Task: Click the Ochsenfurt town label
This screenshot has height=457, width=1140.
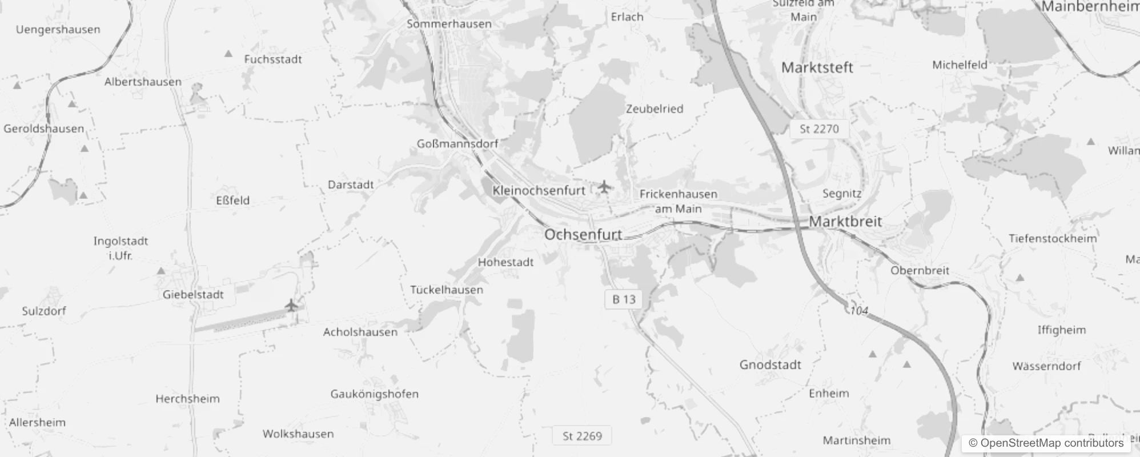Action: [x=583, y=235]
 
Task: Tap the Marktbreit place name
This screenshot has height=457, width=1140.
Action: [x=845, y=222]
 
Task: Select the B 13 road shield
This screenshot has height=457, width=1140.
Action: [x=624, y=299]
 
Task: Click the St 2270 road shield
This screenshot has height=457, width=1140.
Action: [x=819, y=129]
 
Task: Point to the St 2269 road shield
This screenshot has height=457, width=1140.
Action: [x=582, y=436]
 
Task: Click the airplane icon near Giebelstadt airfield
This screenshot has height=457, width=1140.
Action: [x=291, y=305]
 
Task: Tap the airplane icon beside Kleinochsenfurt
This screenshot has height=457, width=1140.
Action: [x=604, y=187]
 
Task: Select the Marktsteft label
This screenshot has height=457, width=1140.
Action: [x=817, y=67]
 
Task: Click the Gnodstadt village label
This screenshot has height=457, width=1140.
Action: [x=770, y=364]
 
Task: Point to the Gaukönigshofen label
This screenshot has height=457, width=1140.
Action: [x=374, y=394]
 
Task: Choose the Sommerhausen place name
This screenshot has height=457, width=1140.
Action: [x=449, y=24]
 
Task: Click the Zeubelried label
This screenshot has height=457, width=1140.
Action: [x=655, y=109]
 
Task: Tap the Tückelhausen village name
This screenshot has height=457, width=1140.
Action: [x=447, y=290]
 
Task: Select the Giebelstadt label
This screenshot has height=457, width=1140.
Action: [x=193, y=295]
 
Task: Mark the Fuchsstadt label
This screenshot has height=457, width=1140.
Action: [x=273, y=59]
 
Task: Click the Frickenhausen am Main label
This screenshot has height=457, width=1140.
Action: [x=678, y=201]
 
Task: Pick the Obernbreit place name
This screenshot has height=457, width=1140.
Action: [x=920, y=270]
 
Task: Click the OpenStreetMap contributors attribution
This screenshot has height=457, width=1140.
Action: [x=1046, y=443]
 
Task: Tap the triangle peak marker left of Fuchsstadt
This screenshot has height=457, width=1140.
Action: [x=228, y=54]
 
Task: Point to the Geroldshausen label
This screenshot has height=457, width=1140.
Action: [x=43, y=129]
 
